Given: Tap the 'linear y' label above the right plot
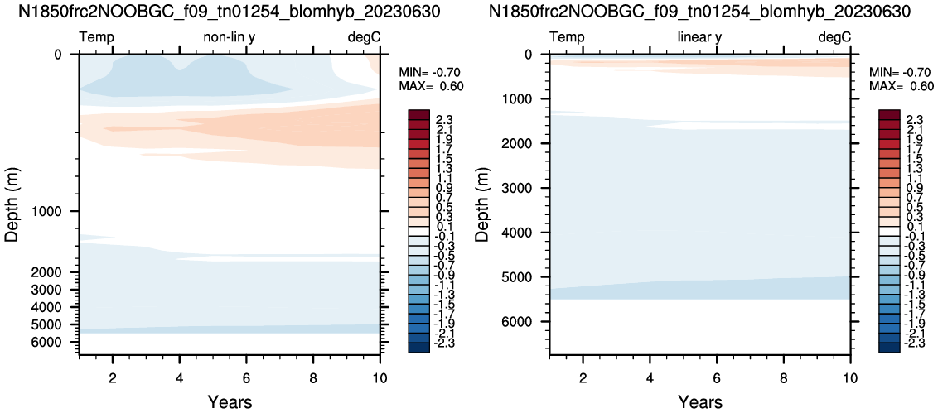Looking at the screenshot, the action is pos(699,37).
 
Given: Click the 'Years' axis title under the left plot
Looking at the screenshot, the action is pos(230,401).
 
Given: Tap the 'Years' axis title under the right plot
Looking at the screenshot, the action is pos(699,401).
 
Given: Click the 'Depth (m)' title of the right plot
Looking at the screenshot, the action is pos(482,204).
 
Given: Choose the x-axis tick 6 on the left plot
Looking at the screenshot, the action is pos(246,377).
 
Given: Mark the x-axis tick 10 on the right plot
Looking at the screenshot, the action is pos(849,377).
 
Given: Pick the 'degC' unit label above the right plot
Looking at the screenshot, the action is pos(834,37).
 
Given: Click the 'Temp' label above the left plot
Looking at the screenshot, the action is pos(97,37).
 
